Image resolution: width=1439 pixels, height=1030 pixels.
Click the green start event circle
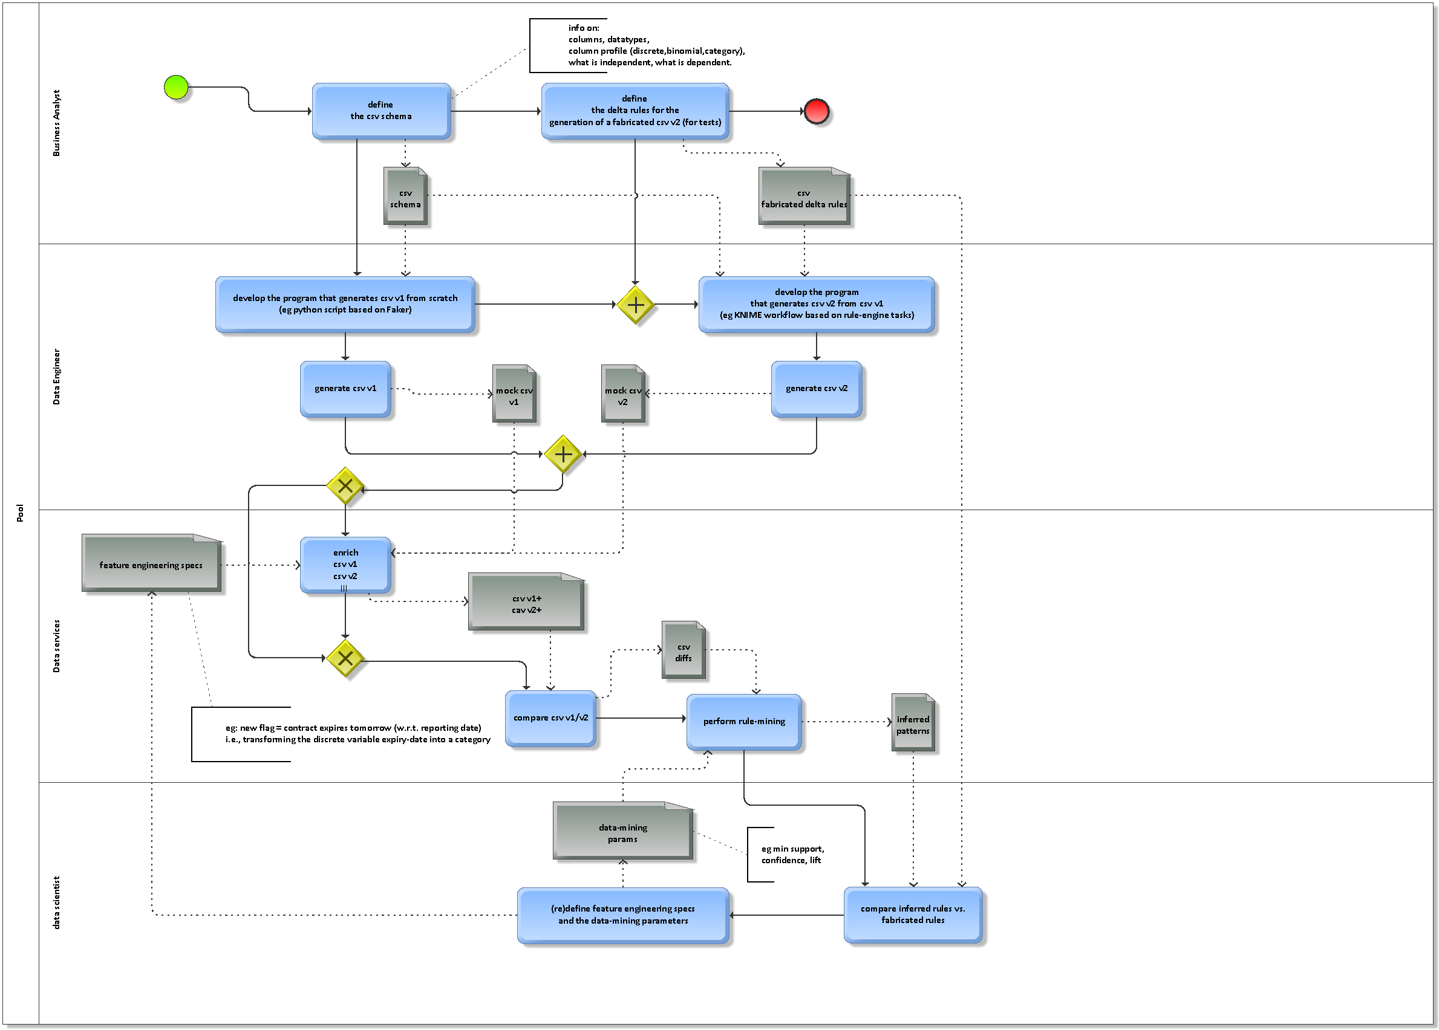click(x=177, y=88)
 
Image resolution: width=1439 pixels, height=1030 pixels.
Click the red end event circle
click(x=816, y=112)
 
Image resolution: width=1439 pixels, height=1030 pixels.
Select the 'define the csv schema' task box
click(x=380, y=111)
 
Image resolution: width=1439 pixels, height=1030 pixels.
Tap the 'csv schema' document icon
click(x=405, y=196)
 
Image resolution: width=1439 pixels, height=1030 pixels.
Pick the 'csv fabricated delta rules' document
click(x=804, y=196)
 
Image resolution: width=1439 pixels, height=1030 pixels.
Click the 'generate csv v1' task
click(x=345, y=389)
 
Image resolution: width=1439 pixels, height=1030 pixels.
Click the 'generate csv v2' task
click(x=816, y=389)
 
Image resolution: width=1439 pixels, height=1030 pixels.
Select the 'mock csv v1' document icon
click(x=514, y=394)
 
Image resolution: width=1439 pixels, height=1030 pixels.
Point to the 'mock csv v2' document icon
click(x=622, y=394)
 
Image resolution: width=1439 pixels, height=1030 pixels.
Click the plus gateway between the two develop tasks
click(x=635, y=305)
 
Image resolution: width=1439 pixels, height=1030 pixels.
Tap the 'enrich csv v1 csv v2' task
click(x=345, y=565)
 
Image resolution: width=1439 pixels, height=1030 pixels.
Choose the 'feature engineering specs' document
click(x=151, y=564)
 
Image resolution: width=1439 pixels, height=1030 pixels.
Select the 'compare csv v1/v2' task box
click(x=550, y=718)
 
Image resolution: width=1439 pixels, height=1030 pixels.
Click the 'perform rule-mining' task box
click(x=743, y=722)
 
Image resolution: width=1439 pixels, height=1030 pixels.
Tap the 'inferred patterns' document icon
click(x=912, y=723)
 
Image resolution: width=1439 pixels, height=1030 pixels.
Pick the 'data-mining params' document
click(x=622, y=832)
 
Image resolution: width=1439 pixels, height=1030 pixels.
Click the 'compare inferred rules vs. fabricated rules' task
click(x=912, y=915)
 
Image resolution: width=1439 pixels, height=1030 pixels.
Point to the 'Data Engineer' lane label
click(x=56, y=377)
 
